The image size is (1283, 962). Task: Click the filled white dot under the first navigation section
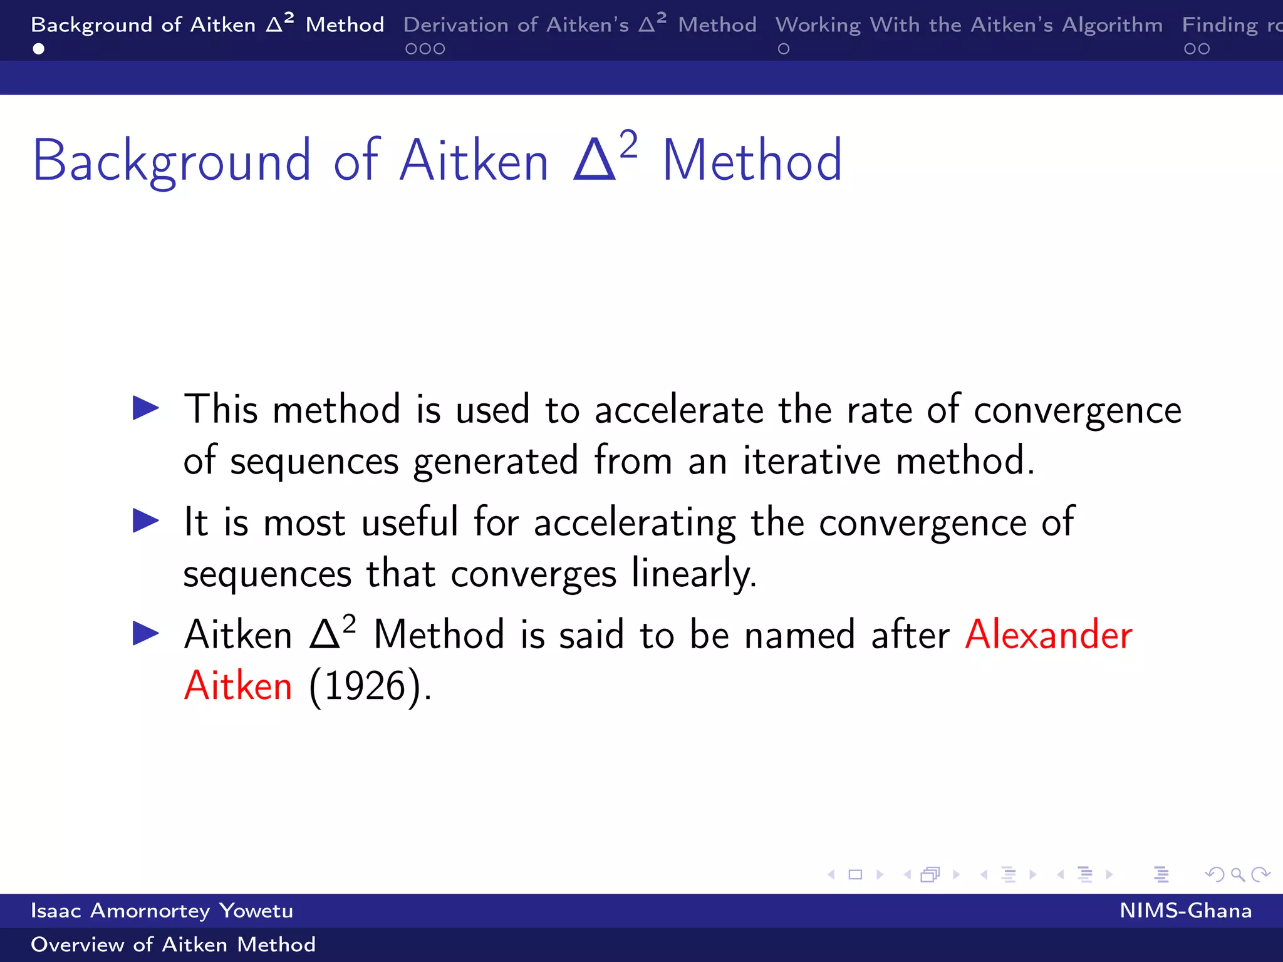(x=39, y=49)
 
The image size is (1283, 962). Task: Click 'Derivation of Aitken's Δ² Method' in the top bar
(x=579, y=25)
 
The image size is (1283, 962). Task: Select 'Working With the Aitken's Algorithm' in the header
(x=969, y=25)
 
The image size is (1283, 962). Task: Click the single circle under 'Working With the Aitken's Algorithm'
(x=784, y=49)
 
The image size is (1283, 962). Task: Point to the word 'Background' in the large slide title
(x=172, y=162)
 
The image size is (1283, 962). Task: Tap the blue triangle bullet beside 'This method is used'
(x=146, y=408)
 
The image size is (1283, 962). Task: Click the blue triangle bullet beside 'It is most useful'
(x=146, y=521)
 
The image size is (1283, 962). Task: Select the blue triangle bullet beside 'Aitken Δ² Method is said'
(x=146, y=633)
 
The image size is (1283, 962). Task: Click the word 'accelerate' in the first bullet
(x=678, y=410)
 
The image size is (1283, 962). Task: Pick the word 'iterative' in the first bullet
(x=812, y=461)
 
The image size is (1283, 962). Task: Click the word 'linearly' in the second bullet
(x=693, y=574)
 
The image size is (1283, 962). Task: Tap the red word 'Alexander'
(x=1048, y=634)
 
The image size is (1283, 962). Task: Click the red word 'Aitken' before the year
(x=238, y=686)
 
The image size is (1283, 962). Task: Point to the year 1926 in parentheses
(x=365, y=687)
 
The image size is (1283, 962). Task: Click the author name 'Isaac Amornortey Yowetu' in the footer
(x=162, y=911)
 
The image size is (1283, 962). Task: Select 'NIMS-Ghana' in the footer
(x=1185, y=911)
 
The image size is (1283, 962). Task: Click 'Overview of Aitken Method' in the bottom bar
(x=173, y=944)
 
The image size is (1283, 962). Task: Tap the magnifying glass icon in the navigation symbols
(x=1237, y=874)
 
